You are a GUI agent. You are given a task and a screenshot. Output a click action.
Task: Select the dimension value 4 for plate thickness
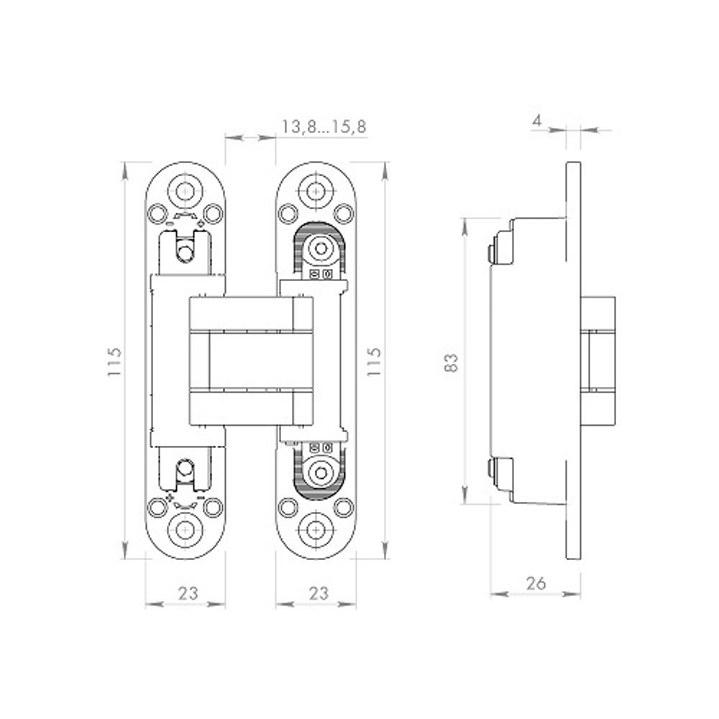pos(536,121)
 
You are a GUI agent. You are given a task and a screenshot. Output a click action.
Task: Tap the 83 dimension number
pos(452,362)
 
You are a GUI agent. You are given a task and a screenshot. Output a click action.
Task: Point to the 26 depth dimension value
pos(536,583)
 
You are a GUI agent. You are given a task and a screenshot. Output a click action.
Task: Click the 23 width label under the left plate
pos(187,593)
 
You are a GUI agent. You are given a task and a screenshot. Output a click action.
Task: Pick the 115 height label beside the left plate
pos(116,362)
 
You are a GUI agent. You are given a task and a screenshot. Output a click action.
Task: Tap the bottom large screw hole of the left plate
pos(186,529)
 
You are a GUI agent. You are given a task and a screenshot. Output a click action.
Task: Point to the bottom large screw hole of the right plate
pos(316,529)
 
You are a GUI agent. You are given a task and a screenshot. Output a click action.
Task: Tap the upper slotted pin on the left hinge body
pos(186,252)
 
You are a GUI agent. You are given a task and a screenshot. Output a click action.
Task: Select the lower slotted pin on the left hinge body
pos(186,469)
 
